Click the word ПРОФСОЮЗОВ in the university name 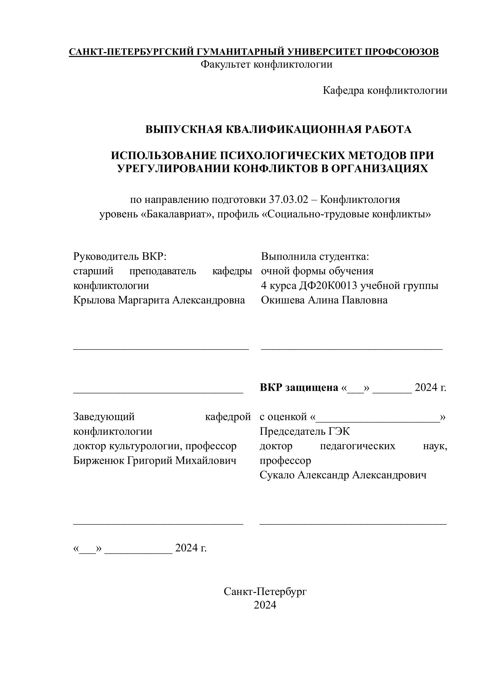tap(401, 52)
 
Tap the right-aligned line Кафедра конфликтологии tap(385, 90)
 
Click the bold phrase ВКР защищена tap(299, 387)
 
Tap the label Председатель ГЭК tap(305, 431)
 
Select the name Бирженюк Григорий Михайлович tap(155, 460)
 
